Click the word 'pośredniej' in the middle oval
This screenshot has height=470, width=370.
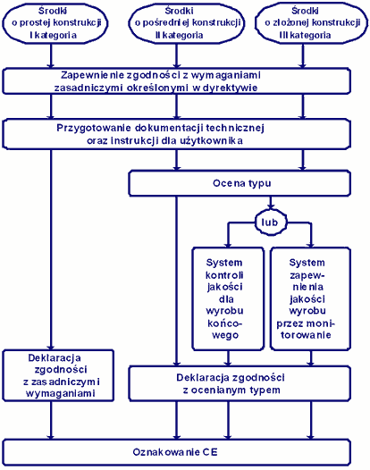tap(166, 22)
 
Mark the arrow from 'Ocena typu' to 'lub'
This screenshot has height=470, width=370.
tap(271, 203)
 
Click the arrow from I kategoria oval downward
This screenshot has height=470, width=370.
tap(51, 56)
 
